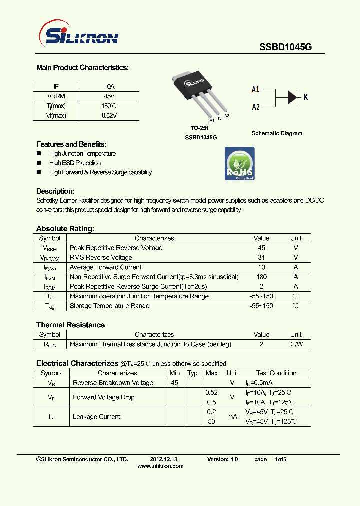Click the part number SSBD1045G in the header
point(285,47)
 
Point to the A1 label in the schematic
point(255,89)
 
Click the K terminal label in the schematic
point(306,97)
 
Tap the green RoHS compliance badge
point(239,163)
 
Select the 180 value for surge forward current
point(261,277)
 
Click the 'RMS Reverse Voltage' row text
point(101,258)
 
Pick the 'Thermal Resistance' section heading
point(70,325)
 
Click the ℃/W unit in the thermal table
point(296,344)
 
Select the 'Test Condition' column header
point(276,373)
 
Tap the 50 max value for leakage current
point(211,421)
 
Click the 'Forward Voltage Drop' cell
point(103,397)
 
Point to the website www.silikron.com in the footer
point(160,466)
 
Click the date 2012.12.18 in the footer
point(164,459)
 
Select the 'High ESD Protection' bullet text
point(75,163)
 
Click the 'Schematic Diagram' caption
point(277,133)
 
